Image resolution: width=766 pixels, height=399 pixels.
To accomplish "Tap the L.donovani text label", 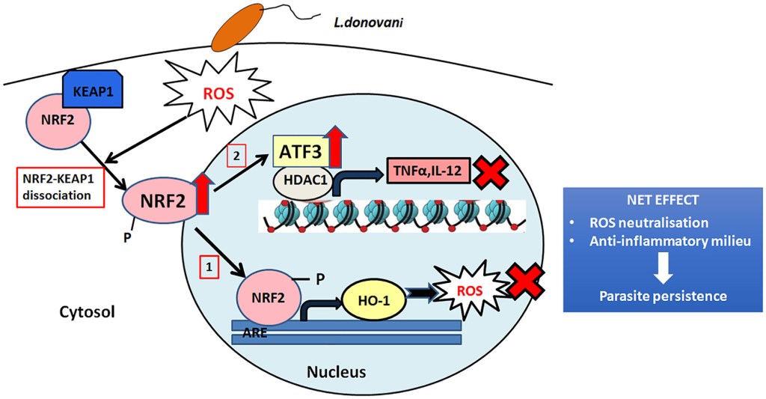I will click(x=370, y=22).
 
